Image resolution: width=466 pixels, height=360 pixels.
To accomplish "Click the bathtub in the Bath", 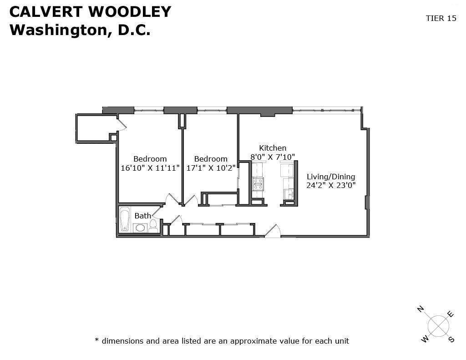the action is tap(125, 220).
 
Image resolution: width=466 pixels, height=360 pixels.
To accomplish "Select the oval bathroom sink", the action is tap(141, 228).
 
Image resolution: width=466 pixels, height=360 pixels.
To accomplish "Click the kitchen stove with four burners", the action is tap(258, 184).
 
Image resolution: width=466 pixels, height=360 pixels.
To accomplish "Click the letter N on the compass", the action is tap(420, 310).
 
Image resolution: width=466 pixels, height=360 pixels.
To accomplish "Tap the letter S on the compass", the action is tap(451, 339).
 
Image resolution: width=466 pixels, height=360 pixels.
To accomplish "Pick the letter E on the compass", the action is tap(450, 314).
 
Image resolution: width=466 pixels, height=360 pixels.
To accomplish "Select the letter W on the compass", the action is tap(425, 339).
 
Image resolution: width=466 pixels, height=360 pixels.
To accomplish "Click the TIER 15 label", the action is tap(441, 18).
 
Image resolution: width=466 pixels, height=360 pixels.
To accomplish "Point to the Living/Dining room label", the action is tap(331, 177).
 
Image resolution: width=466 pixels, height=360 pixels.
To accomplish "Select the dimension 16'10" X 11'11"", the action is tap(150, 167).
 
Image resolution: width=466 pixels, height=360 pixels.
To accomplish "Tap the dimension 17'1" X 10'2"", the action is tap(211, 167).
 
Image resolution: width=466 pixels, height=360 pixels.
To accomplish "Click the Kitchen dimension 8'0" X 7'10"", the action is tap(273, 157).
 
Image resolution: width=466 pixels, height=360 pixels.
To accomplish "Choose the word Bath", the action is tap(142, 216).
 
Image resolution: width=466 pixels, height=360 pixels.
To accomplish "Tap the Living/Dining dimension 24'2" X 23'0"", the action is tap(331, 185).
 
